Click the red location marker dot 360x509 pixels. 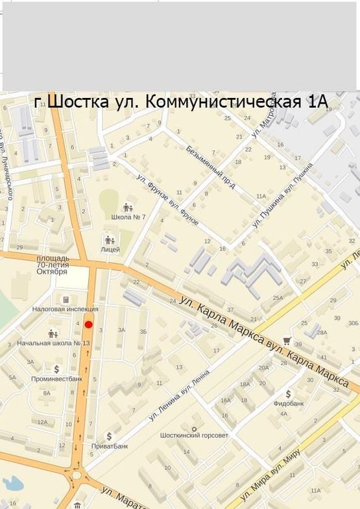(89, 324)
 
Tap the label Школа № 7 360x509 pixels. (128, 217)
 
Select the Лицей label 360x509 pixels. (110, 250)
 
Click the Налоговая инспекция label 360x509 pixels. (66, 309)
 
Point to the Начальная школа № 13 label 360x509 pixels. (53, 343)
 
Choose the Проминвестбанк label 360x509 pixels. (57, 378)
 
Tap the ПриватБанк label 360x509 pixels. (109, 446)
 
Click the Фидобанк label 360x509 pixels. (288, 403)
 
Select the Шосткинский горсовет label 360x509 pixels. (194, 435)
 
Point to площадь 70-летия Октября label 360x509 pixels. (53, 265)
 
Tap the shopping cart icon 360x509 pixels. (287, 340)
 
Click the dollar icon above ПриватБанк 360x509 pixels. (109, 436)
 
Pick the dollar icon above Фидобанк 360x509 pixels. (288, 393)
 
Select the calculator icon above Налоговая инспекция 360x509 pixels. (66, 300)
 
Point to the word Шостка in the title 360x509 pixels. (72, 102)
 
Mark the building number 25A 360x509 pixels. (278, 298)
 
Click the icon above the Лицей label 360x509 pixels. (110, 240)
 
